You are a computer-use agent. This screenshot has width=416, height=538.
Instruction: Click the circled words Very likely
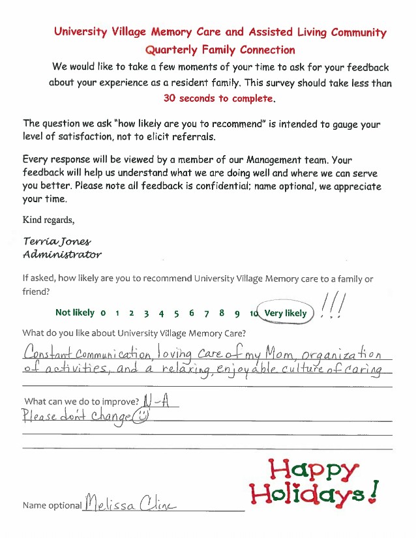tap(285, 313)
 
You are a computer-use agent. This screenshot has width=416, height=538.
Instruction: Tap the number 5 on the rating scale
tap(176, 313)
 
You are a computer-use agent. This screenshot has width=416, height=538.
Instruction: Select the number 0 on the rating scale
tap(103, 313)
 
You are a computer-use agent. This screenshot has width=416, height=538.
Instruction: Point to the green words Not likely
tap(74, 312)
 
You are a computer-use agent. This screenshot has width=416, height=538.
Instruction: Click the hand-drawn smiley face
tap(139, 415)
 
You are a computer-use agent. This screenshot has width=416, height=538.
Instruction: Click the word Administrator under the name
tap(61, 254)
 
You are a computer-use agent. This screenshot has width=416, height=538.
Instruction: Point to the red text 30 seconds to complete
tap(219, 99)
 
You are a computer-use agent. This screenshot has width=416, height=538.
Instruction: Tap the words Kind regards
tap(48, 219)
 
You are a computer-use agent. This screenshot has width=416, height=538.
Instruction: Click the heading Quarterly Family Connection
tap(220, 50)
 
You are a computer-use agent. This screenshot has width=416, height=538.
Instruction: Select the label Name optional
tap(52, 505)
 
